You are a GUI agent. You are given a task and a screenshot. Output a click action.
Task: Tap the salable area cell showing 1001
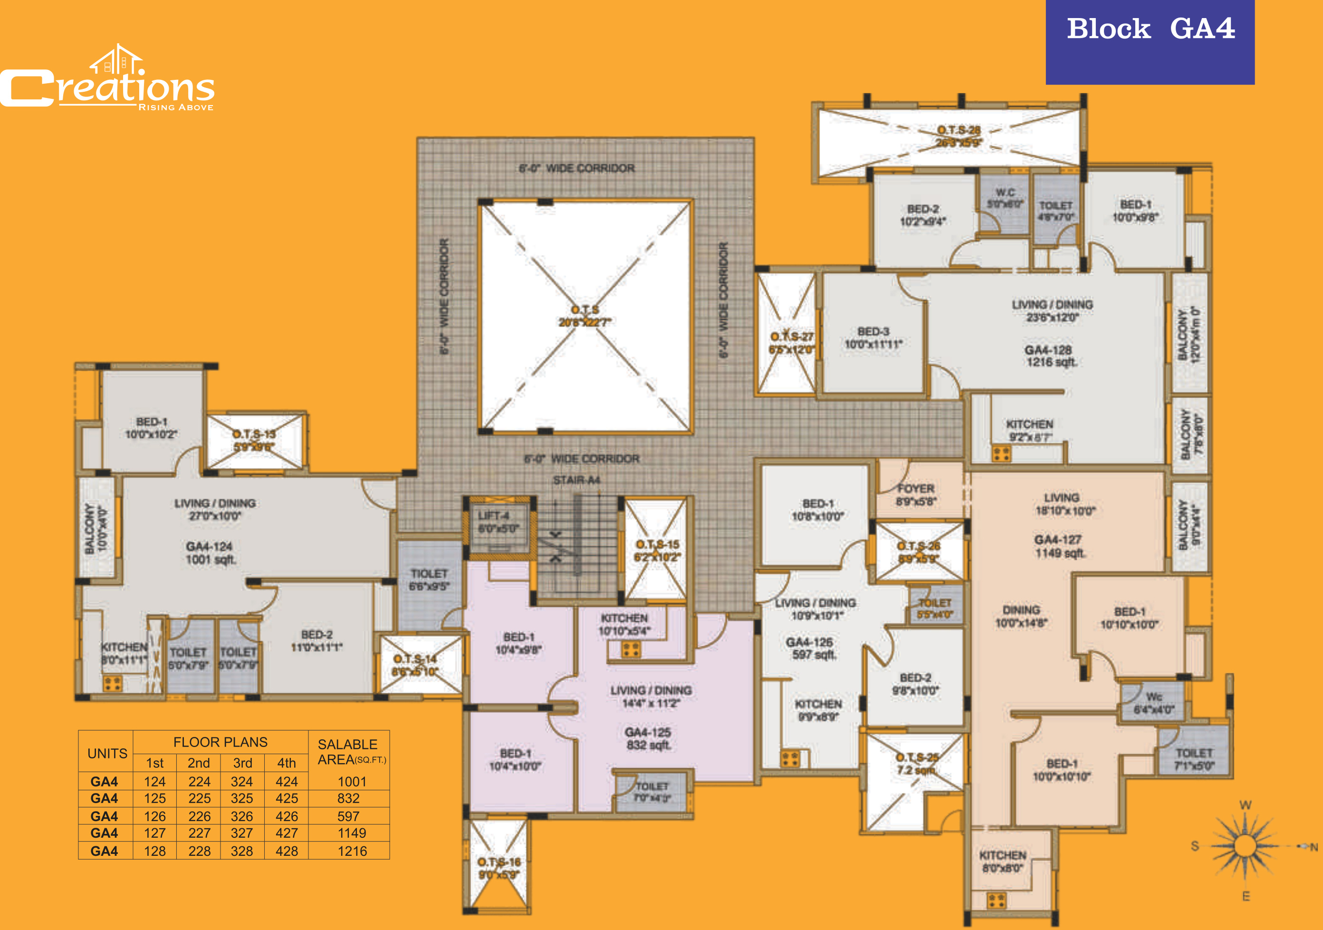click(x=352, y=781)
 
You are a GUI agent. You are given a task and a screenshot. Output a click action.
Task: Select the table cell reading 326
click(x=242, y=816)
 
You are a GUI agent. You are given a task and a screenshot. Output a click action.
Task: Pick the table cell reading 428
click(x=287, y=851)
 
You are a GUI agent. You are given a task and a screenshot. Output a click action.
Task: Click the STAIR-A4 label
click(x=576, y=480)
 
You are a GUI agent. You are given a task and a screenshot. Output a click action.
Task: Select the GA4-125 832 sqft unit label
click(x=648, y=738)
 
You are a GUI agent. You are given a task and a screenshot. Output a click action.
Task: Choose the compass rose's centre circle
click(x=1245, y=846)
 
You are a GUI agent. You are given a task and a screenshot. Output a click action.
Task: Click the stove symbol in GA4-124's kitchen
click(x=112, y=684)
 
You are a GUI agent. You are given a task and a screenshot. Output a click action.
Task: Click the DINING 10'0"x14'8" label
click(x=1021, y=616)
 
